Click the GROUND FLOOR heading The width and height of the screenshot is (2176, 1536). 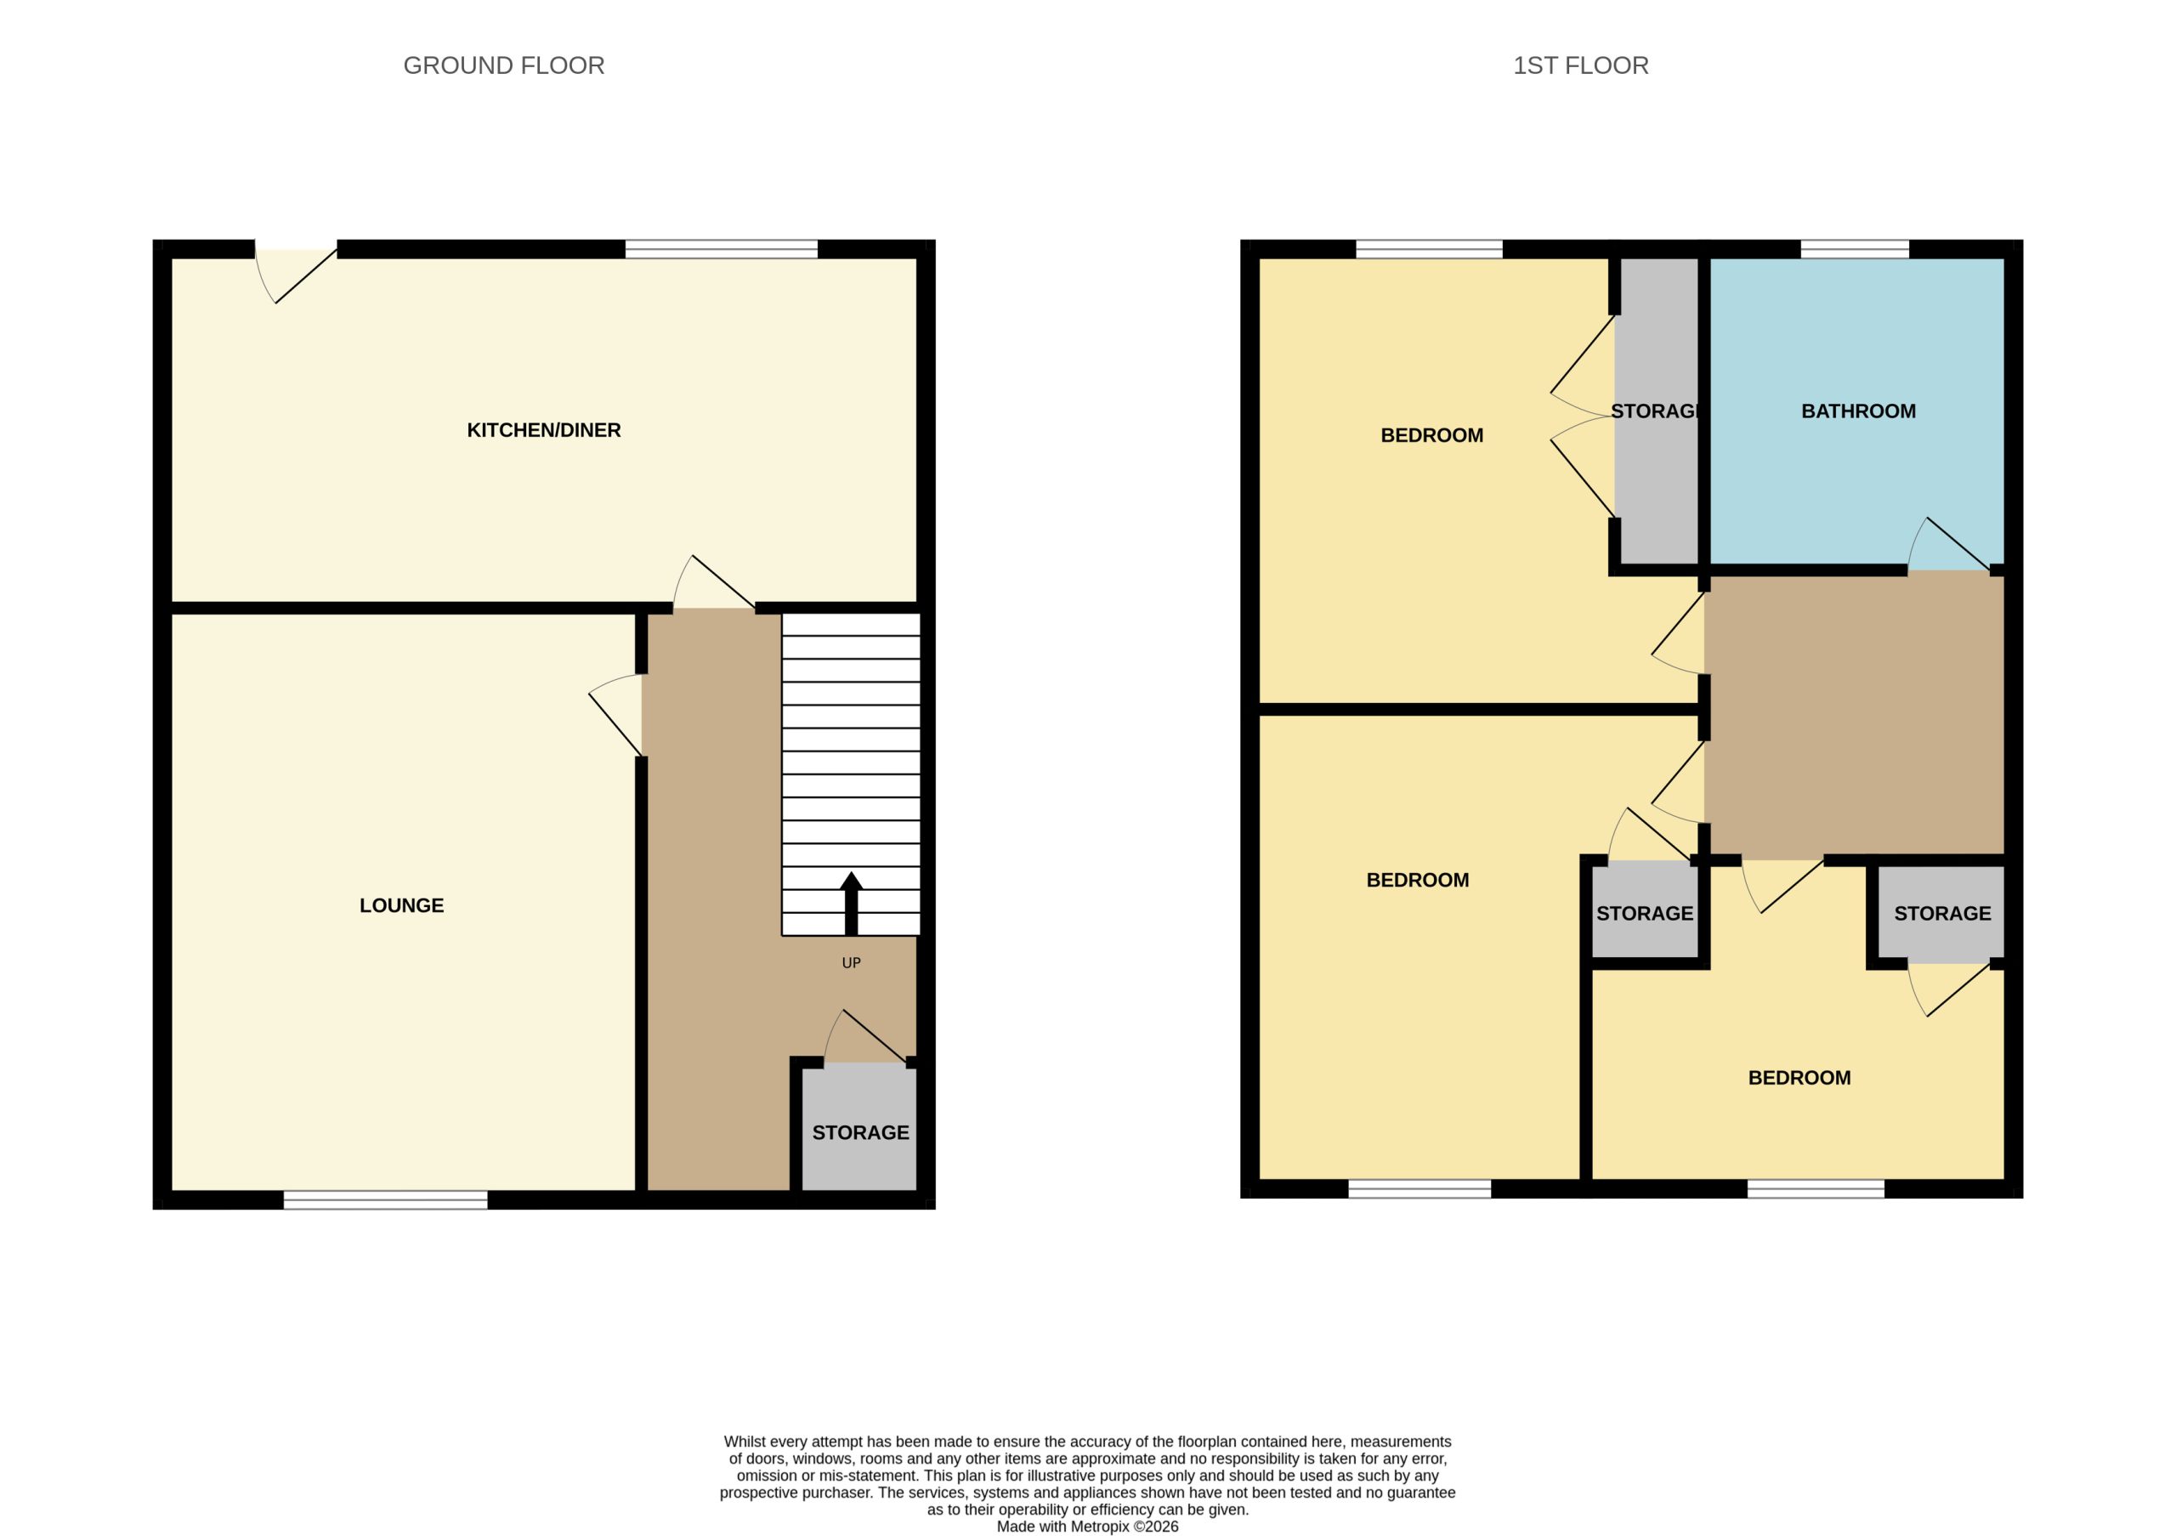click(503, 65)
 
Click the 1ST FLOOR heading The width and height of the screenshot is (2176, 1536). click(1580, 65)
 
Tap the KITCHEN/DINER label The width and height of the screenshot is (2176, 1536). click(543, 430)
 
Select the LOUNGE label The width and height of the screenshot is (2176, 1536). click(401, 905)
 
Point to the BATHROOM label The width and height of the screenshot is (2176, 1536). click(1857, 411)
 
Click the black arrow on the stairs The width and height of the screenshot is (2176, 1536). click(851, 903)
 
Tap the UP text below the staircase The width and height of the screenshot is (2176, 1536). click(851, 963)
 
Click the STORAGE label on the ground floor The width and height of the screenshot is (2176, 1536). click(859, 1132)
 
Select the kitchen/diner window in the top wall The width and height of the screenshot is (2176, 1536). click(722, 249)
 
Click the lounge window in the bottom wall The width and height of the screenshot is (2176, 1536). click(386, 1199)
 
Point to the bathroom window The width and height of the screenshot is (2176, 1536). click(1854, 249)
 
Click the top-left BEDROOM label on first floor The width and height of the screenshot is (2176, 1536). click(1431, 436)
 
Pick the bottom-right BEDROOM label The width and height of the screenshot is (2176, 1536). click(1799, 1077)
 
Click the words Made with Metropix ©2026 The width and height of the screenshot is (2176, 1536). click(1087, 1527)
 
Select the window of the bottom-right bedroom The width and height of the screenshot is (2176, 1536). click(1815, 1189)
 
